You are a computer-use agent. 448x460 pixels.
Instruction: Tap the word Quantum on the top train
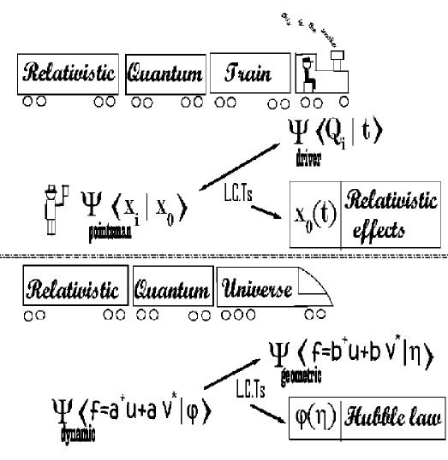point(164,74)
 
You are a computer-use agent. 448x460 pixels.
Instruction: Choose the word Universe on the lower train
point(260,291)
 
